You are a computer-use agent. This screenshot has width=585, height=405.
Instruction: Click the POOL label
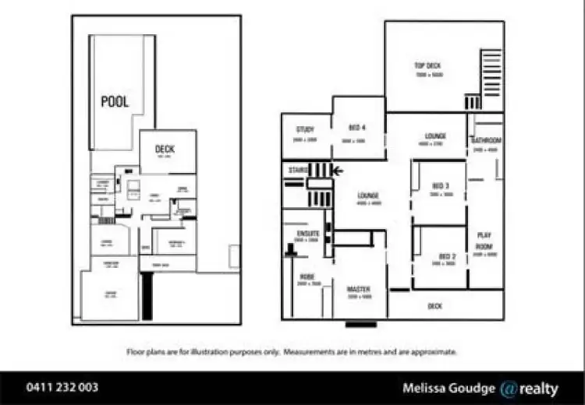pos(115,102)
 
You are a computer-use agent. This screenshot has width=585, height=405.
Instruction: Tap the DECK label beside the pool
pos(165,150)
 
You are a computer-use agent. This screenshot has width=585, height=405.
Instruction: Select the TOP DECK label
pos(428,66)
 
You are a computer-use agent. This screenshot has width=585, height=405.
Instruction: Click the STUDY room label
pos(305,129)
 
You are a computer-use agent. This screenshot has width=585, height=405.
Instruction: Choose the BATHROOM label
pos(485,140)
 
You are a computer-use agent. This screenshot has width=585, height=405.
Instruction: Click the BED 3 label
pos(441,186)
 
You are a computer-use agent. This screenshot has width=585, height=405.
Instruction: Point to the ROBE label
pos(306,276)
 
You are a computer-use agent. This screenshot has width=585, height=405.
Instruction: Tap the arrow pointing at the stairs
pos(338,170)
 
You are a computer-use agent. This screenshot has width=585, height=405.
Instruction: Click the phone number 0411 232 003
pos(62,387)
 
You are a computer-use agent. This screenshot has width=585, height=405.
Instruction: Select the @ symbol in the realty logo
pos(509,388)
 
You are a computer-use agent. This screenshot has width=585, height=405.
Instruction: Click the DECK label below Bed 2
pos(434,307)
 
